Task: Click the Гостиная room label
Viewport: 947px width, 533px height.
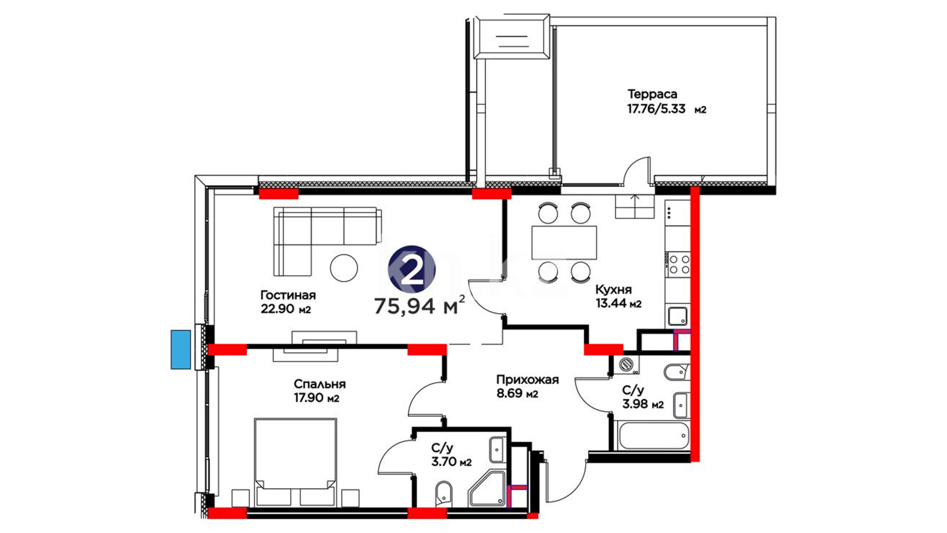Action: point(288,295)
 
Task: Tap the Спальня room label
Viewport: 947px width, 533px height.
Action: point(320,384)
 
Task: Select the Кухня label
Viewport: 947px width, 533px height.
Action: point(613,290)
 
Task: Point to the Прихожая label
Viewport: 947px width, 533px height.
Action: point(527,380)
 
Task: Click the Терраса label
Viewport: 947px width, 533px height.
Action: point(652,94)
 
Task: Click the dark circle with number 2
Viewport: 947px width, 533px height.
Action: point(411,269)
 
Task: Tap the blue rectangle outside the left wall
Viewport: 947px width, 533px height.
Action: point(181,350)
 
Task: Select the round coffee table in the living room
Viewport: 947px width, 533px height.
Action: point(343,268)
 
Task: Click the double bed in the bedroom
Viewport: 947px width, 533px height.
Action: point(295,462)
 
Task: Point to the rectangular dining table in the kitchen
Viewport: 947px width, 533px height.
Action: point(564,242)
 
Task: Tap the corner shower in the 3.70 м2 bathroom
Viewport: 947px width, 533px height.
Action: point(487,489)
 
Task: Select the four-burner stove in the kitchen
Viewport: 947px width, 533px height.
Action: point(678,264)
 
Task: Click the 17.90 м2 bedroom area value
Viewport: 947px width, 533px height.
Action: point(317,398)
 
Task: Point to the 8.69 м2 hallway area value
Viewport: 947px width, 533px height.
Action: point(517,394)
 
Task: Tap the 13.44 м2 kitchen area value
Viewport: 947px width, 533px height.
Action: point(619,304)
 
